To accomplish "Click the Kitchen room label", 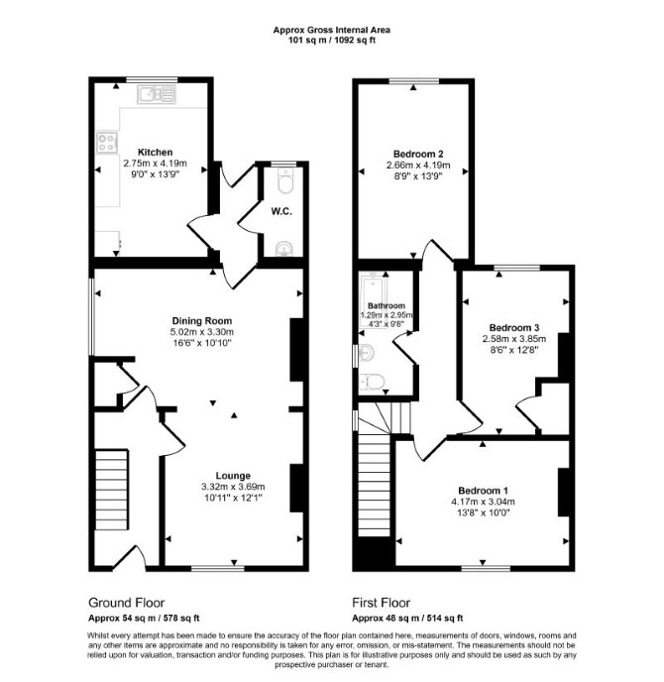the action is tap(156, 153).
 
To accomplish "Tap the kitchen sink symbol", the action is tap(157, 94).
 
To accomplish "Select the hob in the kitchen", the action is tap(107, 143).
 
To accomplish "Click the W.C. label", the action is tap(281, 212).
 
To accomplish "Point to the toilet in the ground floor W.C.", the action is tap(285, 180).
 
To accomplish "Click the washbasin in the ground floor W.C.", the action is tap(284, 249).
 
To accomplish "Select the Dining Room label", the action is tap(202, 321).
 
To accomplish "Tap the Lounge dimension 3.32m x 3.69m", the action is tap(233, 487).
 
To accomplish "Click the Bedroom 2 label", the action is tap(418, 154).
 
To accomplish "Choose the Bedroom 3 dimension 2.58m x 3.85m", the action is tap(514, 339).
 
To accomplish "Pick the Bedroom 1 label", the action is tap(483, 491).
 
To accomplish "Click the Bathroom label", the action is tap(387, 305).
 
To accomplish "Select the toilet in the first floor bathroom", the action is tap(372, 383).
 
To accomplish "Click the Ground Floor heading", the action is tap(126, 603).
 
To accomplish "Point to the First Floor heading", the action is tap(381, 603).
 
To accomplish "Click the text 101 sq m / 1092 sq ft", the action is tap(332, 41).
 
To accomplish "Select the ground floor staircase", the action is tap(112, 490).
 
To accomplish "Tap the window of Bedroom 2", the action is tap(413, 80).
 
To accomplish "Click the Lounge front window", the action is tap(218, 568).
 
